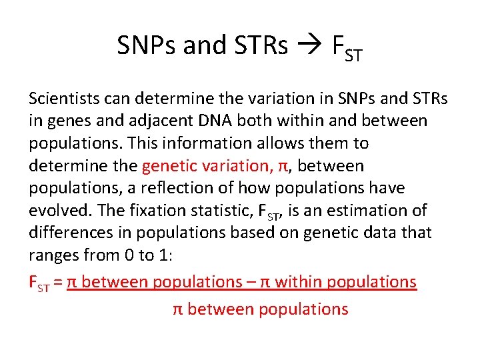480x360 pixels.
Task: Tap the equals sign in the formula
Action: tap(58, 282)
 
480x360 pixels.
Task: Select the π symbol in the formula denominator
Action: tap(178, 309)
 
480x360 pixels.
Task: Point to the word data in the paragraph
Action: tap(375, 232)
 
